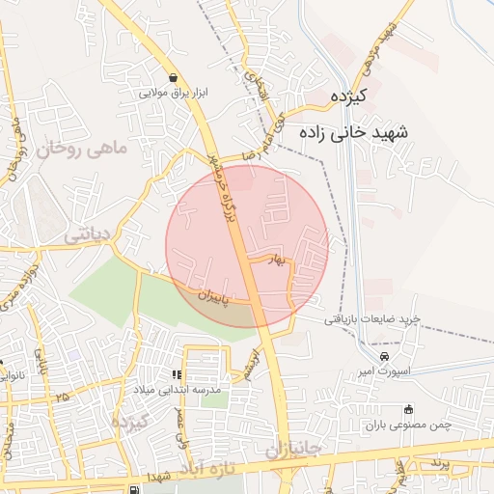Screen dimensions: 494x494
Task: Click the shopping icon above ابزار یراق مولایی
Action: coord(172,78)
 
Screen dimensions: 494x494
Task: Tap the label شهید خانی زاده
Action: coord(354,130)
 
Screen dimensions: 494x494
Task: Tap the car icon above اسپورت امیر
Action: coord(384,355)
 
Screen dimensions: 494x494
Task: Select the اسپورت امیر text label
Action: coord(384,370)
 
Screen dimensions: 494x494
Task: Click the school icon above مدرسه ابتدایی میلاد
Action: coord(177,374)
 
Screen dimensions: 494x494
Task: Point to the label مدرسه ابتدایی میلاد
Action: coord(177,389)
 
